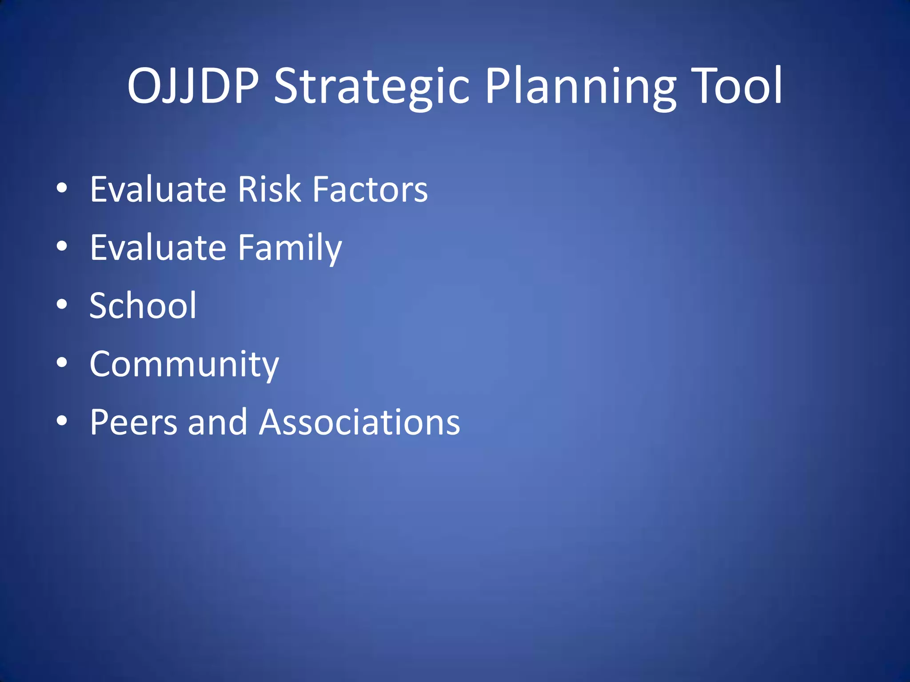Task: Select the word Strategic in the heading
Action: pos(371,87)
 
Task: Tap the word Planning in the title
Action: pos(580,87)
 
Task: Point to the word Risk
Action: pos(269,189)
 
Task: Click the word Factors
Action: pos(370,189)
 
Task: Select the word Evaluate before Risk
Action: pos(158,189)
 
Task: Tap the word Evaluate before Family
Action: pos(158,247)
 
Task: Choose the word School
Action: pos(143,305)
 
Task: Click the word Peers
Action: pos(134,422)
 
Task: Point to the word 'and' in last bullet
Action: pos(217,422)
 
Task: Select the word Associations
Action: pos(359,422)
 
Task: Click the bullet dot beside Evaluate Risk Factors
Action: pos(62,188)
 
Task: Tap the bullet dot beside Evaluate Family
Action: pos(62,246)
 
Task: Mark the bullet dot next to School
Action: pos(62,305)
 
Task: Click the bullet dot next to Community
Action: pos(62,363)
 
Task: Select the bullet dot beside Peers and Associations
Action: pos(62,421)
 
